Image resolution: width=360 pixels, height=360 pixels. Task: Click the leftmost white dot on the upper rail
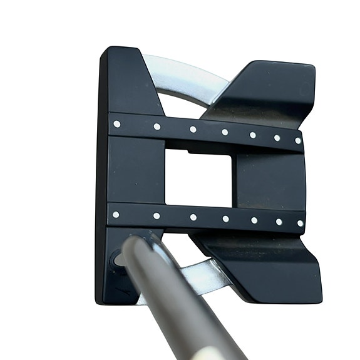(116, 124)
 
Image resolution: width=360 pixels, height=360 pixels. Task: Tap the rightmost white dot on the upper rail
(298, 141)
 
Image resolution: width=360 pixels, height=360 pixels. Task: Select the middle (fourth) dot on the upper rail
(224, 132)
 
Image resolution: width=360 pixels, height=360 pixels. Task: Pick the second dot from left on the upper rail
(157, 126)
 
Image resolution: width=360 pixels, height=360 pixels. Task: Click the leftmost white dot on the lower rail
(116, 215)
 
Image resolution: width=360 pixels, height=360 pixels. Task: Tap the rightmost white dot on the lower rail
(300, 223)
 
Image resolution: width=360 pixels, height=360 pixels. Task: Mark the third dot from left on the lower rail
(193, 217)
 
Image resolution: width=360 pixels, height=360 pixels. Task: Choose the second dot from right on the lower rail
(279, 222)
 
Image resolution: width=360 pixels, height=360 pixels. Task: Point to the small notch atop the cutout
(188, 151)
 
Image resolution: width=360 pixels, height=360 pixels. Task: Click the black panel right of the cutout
(266, 178)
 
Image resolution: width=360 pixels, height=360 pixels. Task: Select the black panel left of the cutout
(135, 172)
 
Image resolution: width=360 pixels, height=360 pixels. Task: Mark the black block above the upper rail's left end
(128, 81)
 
